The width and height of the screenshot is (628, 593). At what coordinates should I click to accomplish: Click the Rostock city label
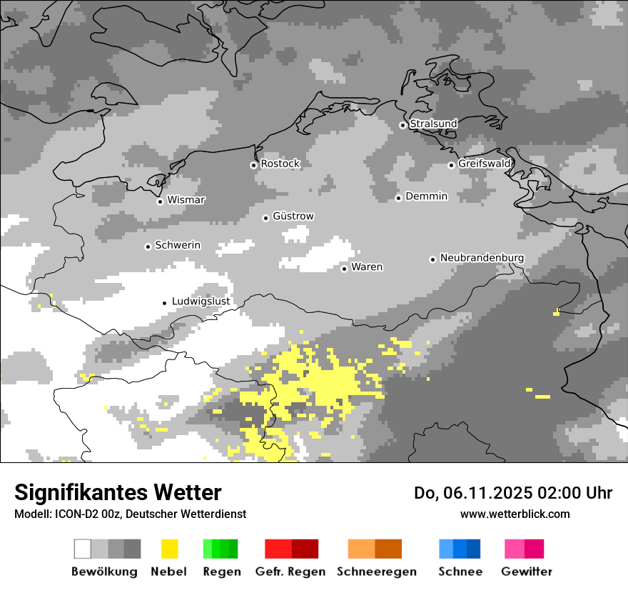(280, 164)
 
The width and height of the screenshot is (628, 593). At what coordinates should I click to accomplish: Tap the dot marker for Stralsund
(402, 125)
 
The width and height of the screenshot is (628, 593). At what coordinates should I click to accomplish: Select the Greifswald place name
(484, 164)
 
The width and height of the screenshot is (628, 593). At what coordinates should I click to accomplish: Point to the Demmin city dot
(398, 198)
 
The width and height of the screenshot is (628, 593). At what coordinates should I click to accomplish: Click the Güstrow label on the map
(293, 216)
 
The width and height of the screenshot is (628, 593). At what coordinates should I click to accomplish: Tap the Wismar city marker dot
(160, 201)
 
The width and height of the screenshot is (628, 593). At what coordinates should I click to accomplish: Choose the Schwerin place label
(178, 245)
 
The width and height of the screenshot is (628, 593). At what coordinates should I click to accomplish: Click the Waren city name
(367, 267)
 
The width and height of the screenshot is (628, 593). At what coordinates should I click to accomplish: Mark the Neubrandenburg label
(482, 258)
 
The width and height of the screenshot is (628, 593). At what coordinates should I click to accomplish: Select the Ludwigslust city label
(201, 302)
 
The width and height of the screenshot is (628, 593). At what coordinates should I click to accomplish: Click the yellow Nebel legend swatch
(169, 549)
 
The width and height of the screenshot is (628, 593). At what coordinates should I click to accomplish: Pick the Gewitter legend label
(526, 572)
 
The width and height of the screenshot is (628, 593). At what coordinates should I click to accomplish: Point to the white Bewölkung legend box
(83, 549)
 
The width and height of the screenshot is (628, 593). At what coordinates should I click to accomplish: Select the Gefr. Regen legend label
(290, 572)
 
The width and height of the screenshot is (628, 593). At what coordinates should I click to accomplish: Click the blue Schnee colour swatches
(460, 549)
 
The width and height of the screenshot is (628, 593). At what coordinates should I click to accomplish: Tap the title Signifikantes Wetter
(118, 492)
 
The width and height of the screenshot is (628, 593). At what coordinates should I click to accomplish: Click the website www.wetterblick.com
(515, 514)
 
